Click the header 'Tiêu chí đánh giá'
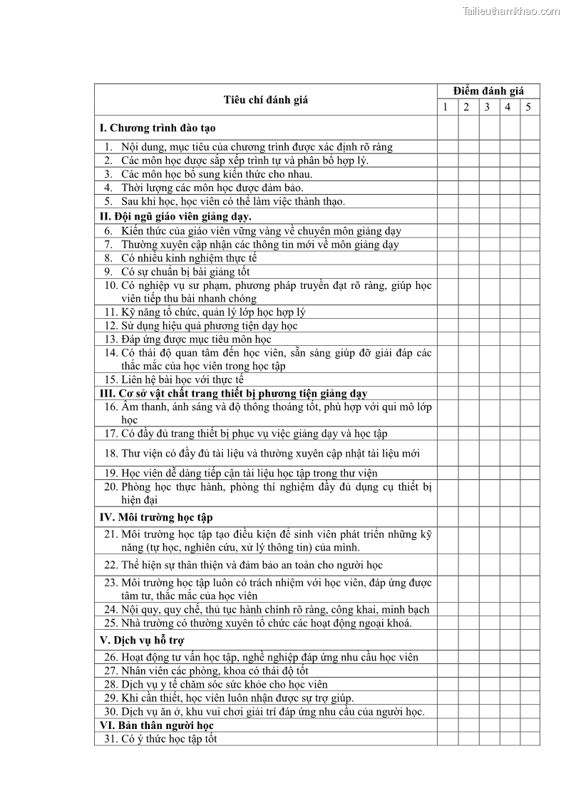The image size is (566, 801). [x=266, y=100]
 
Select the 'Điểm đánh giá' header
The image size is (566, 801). [x=488, y=91]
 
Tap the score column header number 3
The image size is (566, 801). [x=488, y=108]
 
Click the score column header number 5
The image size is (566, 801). [x=529, y=108]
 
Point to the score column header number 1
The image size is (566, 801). [x=446, y=108]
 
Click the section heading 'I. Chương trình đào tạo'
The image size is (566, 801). [x=158, y=128]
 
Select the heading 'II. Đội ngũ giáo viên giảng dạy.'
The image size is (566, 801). [x=175, y=216]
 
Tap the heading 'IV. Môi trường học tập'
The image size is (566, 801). [x=156, y=517]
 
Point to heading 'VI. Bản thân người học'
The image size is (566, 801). [x=157, y=725]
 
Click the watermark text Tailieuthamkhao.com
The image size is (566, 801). [x=511, y=11]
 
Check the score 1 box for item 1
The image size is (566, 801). [x=447, y=147]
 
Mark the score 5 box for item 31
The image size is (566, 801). [x=530, y=739]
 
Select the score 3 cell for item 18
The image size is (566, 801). [x=488, y=454]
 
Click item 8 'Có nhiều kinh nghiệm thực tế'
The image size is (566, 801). [x=188, y=258]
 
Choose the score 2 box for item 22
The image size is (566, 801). [x=468, y=565]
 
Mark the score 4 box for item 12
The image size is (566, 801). [x=509, y=326]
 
